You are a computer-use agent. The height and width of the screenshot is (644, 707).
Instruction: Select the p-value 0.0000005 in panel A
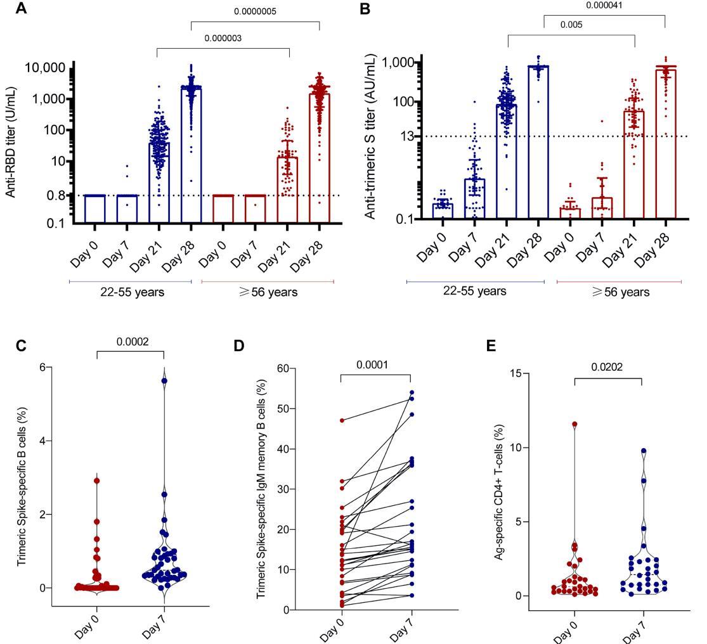pos(255,11)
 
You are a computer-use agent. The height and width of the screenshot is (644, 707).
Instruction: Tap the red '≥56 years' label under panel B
pos(619,292)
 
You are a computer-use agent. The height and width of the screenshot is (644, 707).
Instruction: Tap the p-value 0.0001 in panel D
pos(376,364)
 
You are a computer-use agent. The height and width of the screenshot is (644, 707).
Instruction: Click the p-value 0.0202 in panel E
pos(608,367)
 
